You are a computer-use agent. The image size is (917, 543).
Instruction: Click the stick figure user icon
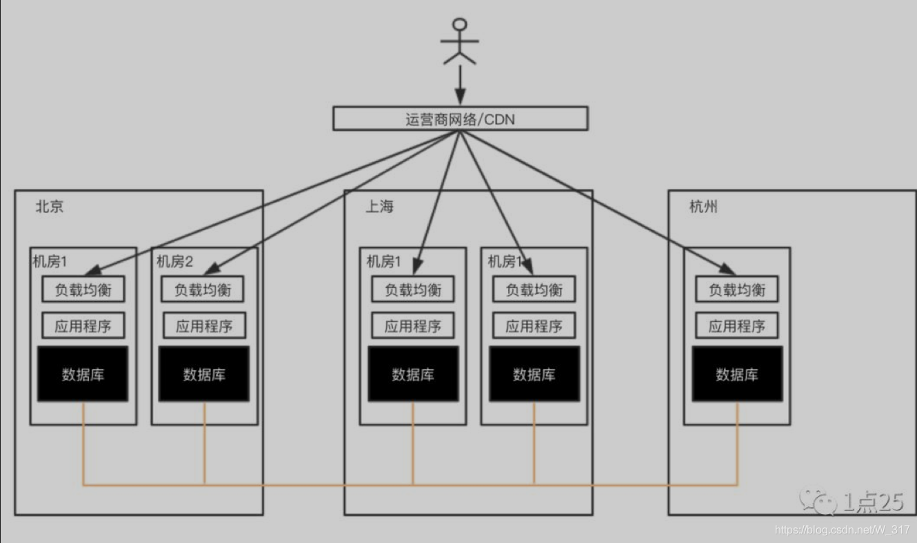(x=459, y=41)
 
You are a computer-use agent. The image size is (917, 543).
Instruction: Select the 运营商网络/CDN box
(x=460, y=119)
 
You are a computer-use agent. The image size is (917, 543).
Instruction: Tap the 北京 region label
(x=50, y=207)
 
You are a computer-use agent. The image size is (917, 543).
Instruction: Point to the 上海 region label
(x=379, y=207)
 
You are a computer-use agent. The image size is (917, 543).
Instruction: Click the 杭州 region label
(x=703, y=207)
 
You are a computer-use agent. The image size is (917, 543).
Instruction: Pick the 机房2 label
(x=174, y=262)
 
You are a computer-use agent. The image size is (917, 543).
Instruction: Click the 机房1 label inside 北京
(x=50, y=262)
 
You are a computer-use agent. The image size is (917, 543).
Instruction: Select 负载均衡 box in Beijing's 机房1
(x=83, y=289)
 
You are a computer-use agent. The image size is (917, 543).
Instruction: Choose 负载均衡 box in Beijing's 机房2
(x=203, y=289)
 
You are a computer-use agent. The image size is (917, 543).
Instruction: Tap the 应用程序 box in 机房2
(x=204, y=326)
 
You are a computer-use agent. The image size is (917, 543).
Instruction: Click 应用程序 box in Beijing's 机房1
(x=83, y=326)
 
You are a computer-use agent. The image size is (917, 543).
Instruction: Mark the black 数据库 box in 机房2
(x=204, y=374)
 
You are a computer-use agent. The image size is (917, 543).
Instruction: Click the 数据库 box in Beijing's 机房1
(x=83, y=374)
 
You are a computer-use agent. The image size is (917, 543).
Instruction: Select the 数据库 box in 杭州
(x=737, y=374)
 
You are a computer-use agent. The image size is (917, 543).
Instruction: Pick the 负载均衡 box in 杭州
(x=737, y=289)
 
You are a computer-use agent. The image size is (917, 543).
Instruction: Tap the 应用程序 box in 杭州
(x=737, y=326)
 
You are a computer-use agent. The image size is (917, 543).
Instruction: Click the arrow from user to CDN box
(x=459, y=86)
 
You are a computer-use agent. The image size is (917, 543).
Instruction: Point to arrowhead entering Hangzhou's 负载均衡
(x=727, y=269)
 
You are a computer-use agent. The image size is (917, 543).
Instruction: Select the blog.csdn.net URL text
(x=842, y=529)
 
